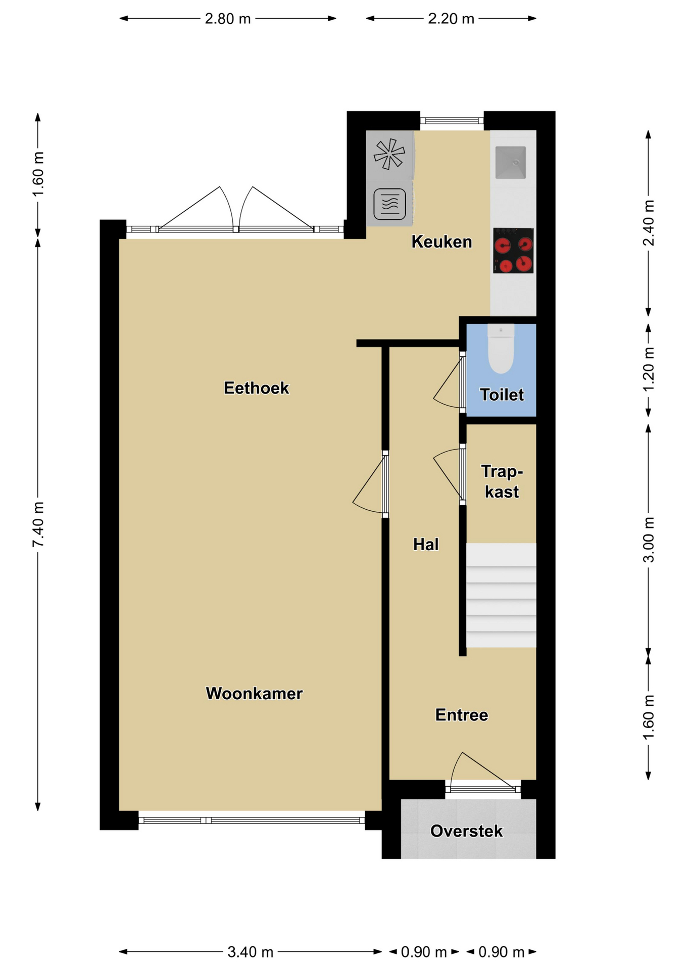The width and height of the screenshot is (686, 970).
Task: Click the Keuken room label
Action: click(x=442, y=241)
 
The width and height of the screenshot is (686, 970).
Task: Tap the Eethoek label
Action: click(x=256, y=387)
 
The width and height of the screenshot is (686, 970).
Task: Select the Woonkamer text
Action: click(x=254, y=693)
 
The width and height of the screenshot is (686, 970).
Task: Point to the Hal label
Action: click(x=426, y=544)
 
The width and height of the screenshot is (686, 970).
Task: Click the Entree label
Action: click(x=462, y=715)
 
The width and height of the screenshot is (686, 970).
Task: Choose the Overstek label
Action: click(x=466, y=831)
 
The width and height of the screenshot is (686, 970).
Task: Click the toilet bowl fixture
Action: click(x=501, y=349)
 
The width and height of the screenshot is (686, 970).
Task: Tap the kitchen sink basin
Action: click(x=511, y=162)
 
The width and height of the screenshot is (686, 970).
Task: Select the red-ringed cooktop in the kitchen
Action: click(x=513, y=251)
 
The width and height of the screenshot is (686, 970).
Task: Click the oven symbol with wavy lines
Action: click(x=389, y=204)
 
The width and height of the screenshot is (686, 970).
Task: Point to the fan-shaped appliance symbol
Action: click(x=389, y=154)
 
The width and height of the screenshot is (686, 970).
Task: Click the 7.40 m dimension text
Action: click(x=38, y=524)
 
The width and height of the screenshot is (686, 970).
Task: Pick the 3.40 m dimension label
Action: click(x=250, y=952)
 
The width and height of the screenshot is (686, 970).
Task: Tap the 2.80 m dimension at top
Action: click(x=228, y=19)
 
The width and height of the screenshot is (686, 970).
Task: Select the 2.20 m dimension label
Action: click(x=451, y=19)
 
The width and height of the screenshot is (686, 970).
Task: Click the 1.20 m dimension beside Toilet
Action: click(x=649, y=369)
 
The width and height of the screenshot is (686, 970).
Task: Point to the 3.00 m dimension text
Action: click(x=649, y=540)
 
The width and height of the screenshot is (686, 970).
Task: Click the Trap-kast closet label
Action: click(x=502, y=481)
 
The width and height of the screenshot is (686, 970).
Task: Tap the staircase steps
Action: click(x=501, y=595)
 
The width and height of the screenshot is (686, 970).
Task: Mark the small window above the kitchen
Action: click(x=452, y=121)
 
